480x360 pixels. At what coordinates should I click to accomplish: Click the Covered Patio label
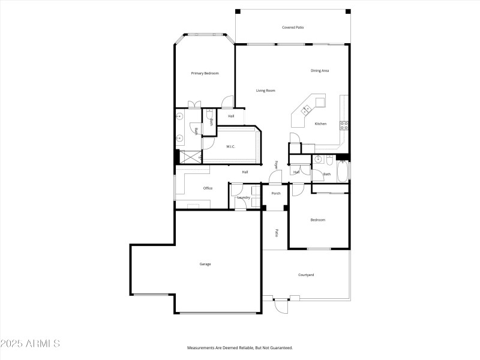click(292, 27)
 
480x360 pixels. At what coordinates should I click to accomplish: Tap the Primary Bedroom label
click(205, 73)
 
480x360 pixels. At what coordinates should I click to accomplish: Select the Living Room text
click(265, 91)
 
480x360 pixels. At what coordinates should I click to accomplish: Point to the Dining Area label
click(319, 71)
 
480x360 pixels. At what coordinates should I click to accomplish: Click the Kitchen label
click(320, 124)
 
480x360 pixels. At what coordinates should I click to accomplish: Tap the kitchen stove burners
click(344, 125)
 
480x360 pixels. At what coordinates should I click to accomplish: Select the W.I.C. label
click(230, 146)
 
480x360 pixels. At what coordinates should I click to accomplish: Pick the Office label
click(208, 188)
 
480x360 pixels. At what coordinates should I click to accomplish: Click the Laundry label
click(244, 197)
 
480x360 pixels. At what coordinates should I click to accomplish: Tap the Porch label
click(276, 193)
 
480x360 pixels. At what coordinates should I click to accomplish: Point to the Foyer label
click(277, 164)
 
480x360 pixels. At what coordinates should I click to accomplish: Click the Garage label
click(205, 264)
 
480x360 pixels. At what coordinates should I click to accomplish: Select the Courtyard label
click(306, 275)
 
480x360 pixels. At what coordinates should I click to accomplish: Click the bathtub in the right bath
click(342, 171)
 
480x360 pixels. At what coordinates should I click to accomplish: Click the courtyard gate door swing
click(280, 305)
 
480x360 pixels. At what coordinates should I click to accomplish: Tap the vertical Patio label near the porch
click(276, 232)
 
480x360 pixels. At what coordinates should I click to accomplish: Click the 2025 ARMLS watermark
click(30, 344)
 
